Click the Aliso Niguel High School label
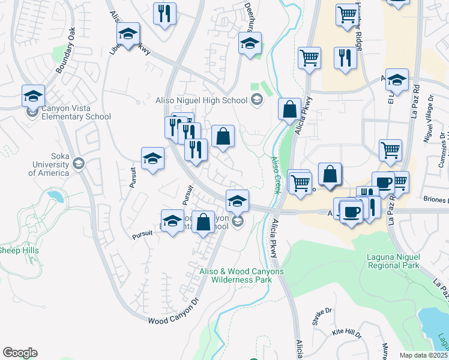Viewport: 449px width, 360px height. pos(201,100)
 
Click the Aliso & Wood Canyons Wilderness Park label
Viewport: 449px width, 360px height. pos(242,275)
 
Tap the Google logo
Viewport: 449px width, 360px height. pos(20,353)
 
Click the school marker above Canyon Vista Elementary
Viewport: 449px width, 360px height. pos(34,95)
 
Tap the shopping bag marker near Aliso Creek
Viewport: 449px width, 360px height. pos(289,110)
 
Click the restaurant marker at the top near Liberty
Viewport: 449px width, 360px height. pos(164,13)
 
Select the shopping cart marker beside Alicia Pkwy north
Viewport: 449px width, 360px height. pos(309,58)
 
